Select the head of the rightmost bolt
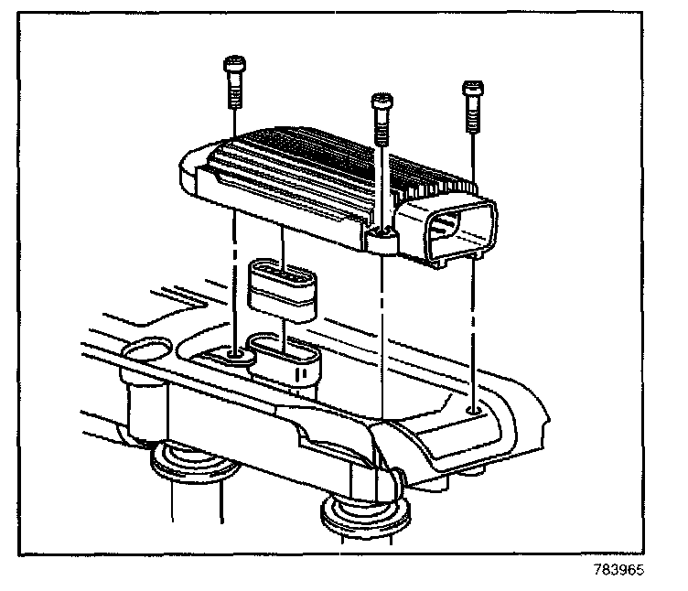[x=472, y=89]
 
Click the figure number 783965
[x=619, y=569]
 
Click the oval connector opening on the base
[x=285, y=352]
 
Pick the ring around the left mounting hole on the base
[x=235, y=353]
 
